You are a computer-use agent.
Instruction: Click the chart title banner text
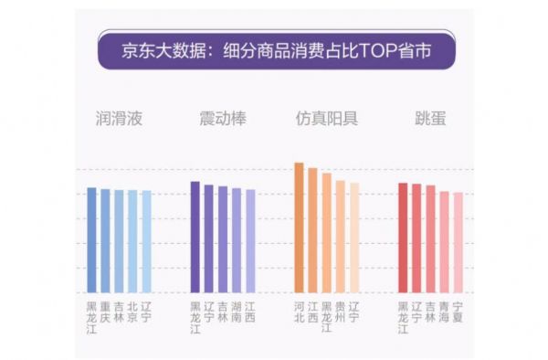(273, 50)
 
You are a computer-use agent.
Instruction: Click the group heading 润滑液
(119, 119)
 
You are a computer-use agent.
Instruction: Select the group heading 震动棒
(223, 119)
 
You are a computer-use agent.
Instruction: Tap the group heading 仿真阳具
(326, 119)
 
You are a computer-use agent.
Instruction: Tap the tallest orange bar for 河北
(299, 228)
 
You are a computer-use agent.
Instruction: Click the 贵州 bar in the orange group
(340, 237)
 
